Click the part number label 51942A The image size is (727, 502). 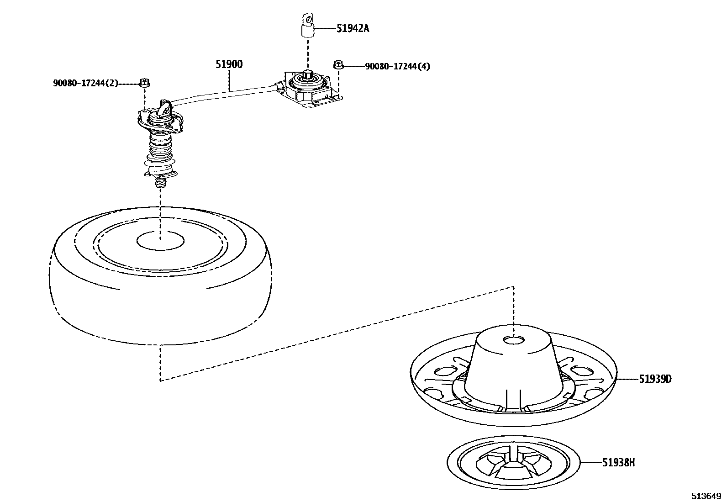353,28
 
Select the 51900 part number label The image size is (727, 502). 229,64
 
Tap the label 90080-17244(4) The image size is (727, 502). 397,67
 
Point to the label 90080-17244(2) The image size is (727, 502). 85,83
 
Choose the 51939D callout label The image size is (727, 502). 655,379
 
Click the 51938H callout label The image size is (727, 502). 618,463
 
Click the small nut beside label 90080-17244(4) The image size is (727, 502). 338,65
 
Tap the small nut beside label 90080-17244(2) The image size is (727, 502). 144,83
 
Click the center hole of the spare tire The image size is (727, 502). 161,241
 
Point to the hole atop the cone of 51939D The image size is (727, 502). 513,340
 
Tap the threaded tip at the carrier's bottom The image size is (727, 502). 160,183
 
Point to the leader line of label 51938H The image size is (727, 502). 591,463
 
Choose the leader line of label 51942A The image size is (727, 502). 325,28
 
